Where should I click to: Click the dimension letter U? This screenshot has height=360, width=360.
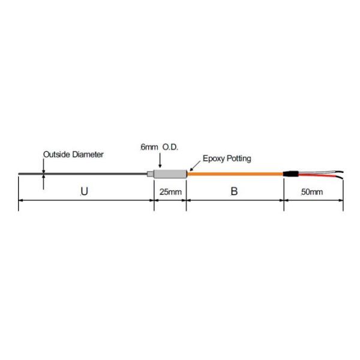click(84, 192)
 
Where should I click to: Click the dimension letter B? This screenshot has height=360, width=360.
click(235, 192)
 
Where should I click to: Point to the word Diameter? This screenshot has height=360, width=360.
click(88, 154)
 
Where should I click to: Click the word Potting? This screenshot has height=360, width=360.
click(239, 159)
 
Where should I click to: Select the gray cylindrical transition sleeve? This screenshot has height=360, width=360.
click(169, 174)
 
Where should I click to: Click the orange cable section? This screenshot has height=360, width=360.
click(235, 174)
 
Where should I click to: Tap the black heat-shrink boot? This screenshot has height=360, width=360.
click(291, 174)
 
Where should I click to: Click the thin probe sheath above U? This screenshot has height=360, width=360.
click(84, 174)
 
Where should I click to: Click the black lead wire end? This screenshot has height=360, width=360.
click(340, 177)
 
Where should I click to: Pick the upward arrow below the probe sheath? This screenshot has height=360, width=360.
click(43, 180)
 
